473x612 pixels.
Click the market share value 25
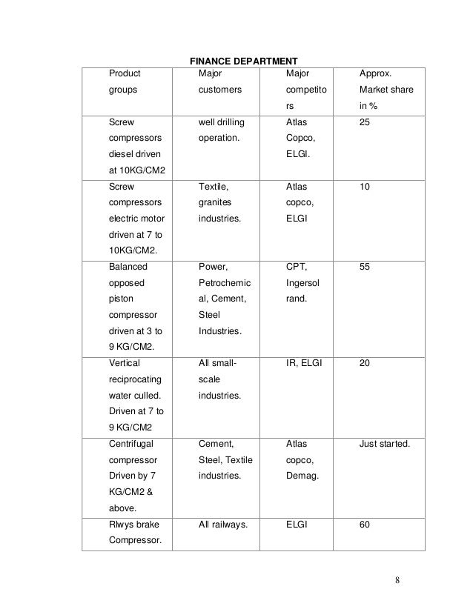coord(365,122)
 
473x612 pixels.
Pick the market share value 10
coord(365,188)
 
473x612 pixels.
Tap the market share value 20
coord(365,363)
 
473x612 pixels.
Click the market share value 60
coord(365,525)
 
